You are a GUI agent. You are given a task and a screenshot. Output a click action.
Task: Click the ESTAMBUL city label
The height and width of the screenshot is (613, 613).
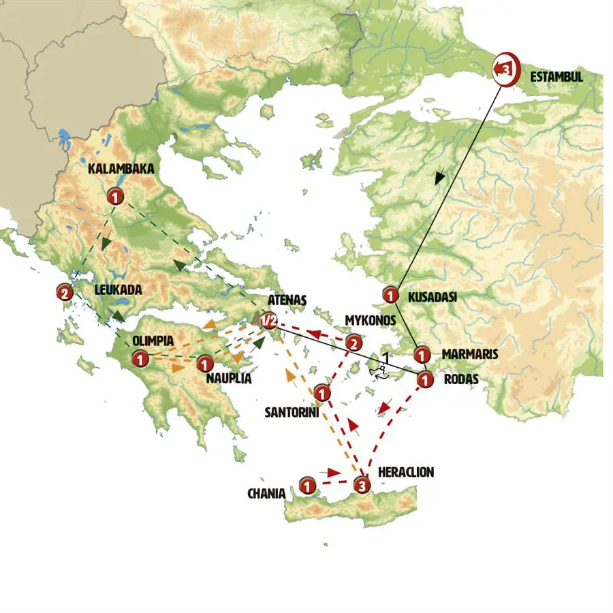(556, 77)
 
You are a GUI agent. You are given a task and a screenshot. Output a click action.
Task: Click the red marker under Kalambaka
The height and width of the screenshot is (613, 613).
(115, 198)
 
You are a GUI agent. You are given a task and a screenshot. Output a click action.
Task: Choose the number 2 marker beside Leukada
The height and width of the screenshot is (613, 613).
(65, 294)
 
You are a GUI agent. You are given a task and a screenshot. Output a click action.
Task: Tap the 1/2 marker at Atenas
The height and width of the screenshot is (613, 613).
(268, 320)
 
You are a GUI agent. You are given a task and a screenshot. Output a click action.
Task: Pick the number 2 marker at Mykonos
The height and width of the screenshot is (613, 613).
(353, 343)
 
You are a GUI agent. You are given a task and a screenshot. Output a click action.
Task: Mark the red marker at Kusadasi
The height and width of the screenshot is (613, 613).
(391, 295)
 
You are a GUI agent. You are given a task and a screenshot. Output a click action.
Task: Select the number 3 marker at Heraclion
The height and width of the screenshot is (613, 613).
(362, 486)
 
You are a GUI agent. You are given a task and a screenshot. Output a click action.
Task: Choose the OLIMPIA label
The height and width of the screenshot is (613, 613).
(153, 341)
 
